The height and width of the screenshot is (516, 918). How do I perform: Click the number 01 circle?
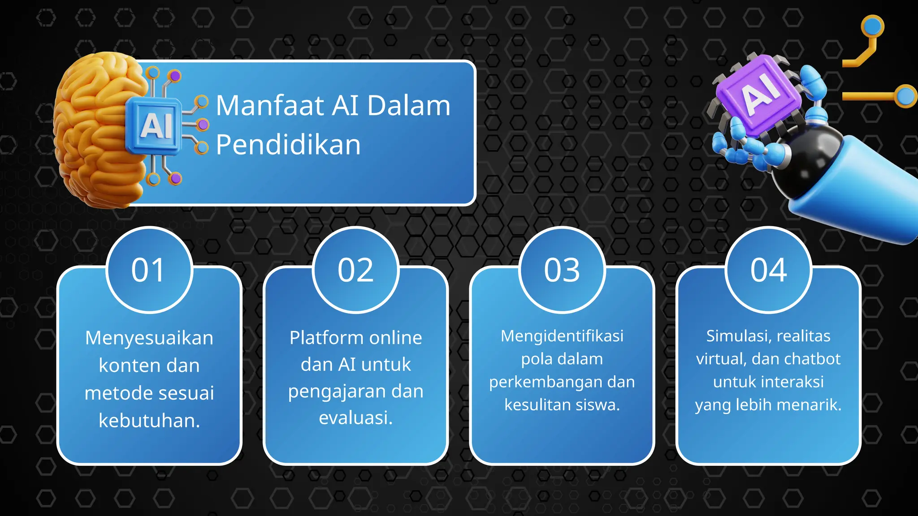[x=149, y=270]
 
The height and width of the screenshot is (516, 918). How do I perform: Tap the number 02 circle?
[x=355, y=270]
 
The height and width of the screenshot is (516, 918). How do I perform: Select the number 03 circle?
[x=562, y=270]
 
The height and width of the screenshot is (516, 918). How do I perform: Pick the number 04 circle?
[x=768, y=270]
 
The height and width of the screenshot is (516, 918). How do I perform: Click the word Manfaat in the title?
[x=270, y=106]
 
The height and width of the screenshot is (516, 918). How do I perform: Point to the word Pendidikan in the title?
[x=288, y=145]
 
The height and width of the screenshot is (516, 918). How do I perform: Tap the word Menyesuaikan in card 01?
[x=149, y=338]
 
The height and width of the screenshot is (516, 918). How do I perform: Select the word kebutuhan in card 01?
[x=148, y=421]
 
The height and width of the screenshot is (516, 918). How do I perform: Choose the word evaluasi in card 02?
[x=355, y=417]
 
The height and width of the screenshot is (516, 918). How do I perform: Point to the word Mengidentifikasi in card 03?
[x=562, y=336]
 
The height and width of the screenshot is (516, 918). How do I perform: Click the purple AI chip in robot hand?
[x=759, y=93]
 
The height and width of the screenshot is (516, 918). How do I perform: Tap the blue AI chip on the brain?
[x=154, y=125]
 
